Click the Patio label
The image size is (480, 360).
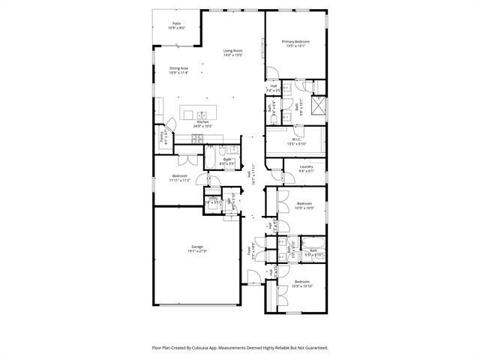[177, 23]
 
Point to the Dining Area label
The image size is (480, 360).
[178, 68]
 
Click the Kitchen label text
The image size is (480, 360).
[202, 121]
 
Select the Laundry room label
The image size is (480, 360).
[306, 166]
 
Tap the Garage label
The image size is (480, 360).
[197, 247]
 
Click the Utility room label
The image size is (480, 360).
[214, 199]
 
